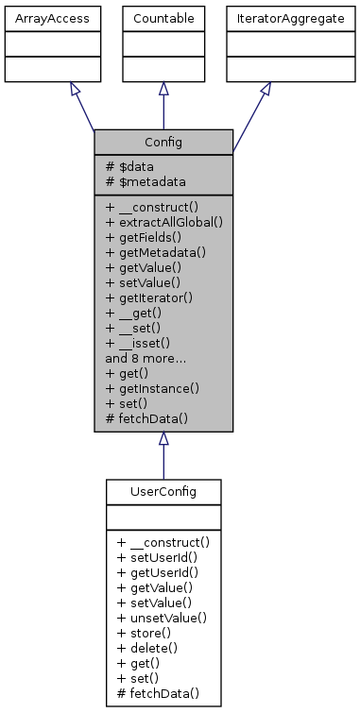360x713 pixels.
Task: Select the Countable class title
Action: (x=163, y=18)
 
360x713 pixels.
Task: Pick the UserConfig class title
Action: (x=163, y=491)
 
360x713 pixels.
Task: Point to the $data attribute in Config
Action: (x=131, y=165)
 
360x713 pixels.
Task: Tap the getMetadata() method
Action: (x=157, y=253)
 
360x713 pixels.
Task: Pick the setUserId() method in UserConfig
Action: (x=154, y=557)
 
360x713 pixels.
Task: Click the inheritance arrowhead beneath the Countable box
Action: (x=163, y=88)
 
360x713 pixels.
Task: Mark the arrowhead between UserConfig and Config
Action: (x=163, y=438)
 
